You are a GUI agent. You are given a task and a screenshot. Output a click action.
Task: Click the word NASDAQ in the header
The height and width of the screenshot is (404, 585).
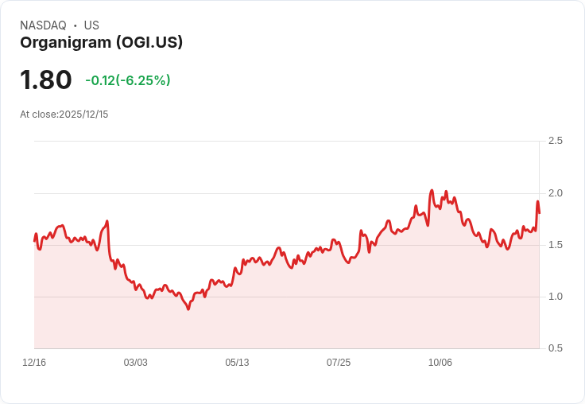[x=43, y=25]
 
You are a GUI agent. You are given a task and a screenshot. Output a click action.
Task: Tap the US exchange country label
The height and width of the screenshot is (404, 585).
[x=91, y=25]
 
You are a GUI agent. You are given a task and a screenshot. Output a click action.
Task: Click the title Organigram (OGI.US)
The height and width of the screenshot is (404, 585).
[x=101, y=42]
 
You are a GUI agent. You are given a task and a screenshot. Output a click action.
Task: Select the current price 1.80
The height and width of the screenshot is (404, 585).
[x=46, y=80]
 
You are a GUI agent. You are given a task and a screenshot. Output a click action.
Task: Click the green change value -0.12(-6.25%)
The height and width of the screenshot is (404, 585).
[x=128, y=80]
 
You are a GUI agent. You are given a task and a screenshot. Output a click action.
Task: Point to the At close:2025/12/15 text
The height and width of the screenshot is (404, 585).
[x=64, y=115]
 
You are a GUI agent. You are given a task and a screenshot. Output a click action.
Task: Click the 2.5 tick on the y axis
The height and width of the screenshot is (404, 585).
[x=556, y=141]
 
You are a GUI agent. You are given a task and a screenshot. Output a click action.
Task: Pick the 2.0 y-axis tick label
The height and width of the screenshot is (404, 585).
[x=556, y=193]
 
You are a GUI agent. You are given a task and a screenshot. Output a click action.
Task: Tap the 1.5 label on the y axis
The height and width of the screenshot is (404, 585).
[x=556, y=245]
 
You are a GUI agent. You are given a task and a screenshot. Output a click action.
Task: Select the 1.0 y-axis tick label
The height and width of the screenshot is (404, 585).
[x=556, y=297]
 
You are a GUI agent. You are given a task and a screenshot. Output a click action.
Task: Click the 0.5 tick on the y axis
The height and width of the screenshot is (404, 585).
[x=556, y=348]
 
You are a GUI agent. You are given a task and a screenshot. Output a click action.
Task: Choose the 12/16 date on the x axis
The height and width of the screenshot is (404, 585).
[x=34, y=363]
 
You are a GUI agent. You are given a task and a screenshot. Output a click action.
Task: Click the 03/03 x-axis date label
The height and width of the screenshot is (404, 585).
[x=135, y=363]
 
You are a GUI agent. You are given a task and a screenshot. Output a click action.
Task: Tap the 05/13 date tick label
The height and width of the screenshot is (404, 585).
[x=237, y=363]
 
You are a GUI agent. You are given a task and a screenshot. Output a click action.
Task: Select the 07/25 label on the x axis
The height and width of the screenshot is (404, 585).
[x=339, y=363]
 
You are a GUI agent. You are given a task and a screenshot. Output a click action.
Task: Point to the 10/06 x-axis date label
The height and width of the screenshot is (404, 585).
[x=440, y=363]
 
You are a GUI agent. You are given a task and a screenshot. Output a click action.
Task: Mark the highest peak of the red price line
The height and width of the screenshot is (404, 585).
[x=432, y=191]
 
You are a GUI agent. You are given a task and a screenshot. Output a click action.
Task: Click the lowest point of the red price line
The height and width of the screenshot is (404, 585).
[x=188, y=309]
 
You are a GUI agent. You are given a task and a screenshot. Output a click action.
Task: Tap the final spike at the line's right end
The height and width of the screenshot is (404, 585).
[x=537, y=202]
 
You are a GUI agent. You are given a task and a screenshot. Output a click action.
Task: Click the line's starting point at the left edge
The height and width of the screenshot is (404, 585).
[x=35, y=240]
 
